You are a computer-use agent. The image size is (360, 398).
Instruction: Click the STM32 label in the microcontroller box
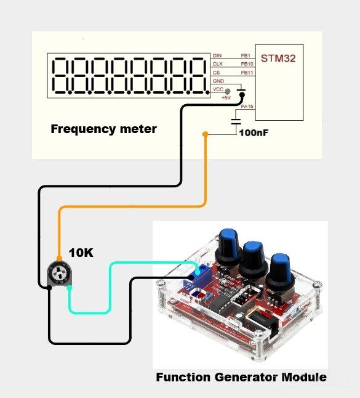pos(279,60)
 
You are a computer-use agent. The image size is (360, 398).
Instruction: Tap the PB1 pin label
pos(246,55)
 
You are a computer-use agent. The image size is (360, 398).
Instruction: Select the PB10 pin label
pos(247,63)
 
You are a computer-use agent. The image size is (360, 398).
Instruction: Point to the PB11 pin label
pos(247,73)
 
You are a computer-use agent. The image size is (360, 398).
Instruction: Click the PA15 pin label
pos(247,107)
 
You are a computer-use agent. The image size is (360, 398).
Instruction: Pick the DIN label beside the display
pos(217,55)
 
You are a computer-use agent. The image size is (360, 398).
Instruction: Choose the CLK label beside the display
pos(217,63)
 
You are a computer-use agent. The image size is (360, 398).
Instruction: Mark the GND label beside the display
pos(218,81)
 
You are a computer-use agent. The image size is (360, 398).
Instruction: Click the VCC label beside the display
pos(218,90)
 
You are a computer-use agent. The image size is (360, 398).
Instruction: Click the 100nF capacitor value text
pos(254,132)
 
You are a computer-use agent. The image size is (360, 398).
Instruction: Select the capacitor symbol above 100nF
pos(236,120)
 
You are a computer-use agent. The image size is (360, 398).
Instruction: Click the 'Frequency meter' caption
pos(103,129)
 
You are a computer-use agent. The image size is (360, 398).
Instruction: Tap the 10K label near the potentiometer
pos(81,253)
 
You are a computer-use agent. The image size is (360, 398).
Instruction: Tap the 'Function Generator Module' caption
pos(241,377)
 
